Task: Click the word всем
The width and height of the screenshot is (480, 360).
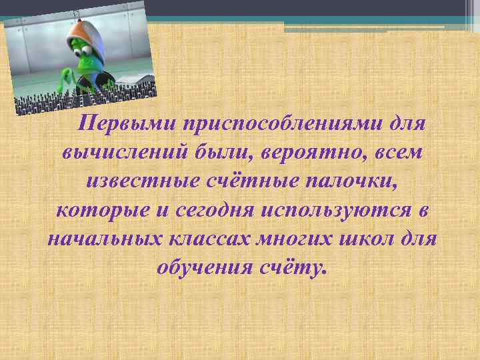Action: (x=397, y=153)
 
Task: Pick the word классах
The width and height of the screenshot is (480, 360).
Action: (x=216, y=239)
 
